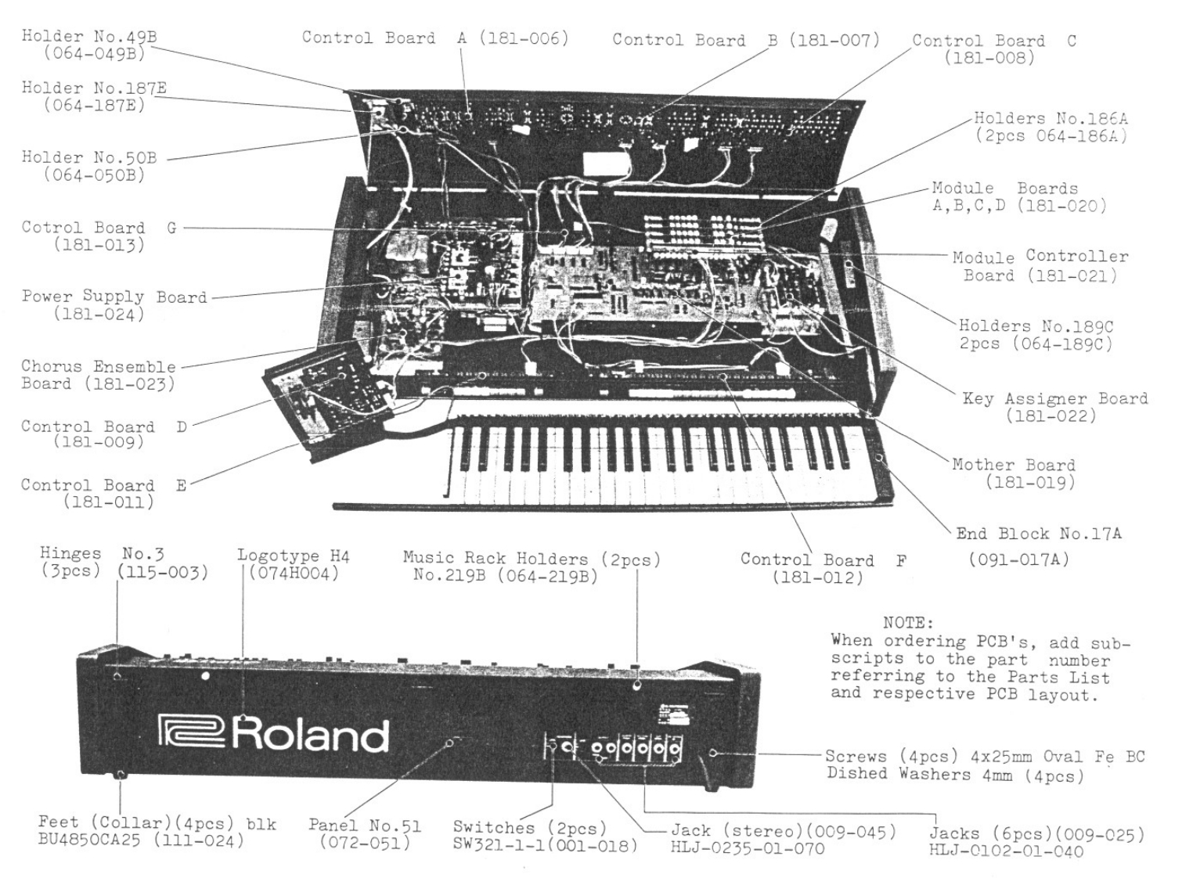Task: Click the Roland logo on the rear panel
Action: point(274,733)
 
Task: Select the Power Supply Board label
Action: point(114,297)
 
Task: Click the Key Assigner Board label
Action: point(1054,398)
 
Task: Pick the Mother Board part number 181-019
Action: point(1029,482)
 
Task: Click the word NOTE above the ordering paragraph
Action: point(908,623)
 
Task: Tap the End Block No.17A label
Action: point(1038,534)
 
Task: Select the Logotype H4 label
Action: point(294,556)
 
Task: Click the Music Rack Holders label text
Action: point(532,559)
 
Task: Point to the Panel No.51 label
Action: point(365,825)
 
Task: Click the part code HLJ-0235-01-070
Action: point(748,847)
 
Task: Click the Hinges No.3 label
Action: point(102,554)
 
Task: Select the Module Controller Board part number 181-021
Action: point(1072,275)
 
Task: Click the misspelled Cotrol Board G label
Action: point(99,228)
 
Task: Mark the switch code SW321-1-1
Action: point(501,845)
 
